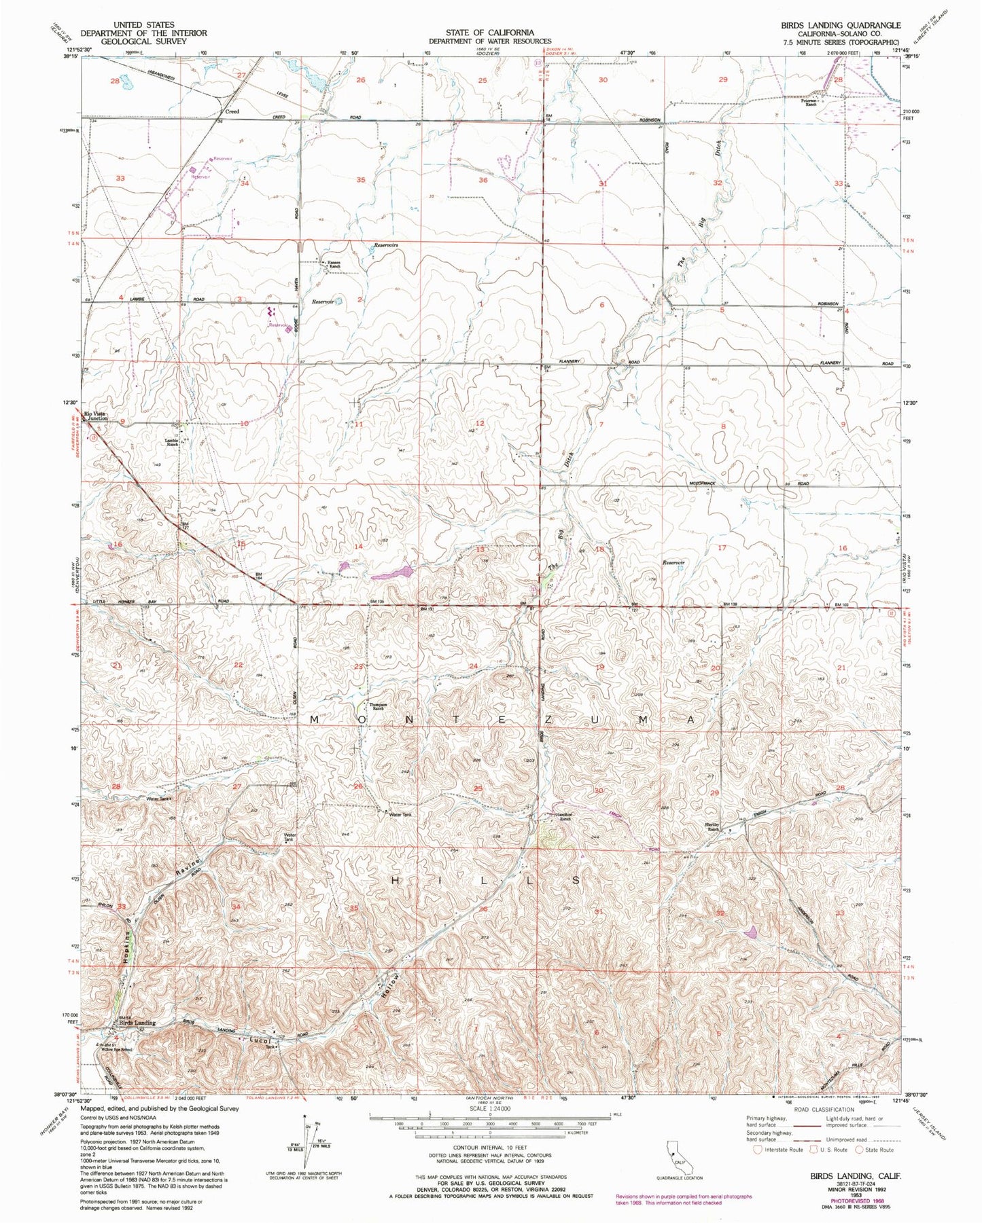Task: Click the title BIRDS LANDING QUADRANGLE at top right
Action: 840,25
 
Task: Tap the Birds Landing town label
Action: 137,1022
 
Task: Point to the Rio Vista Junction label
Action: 95,416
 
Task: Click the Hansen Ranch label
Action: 334,265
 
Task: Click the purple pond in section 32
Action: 751,932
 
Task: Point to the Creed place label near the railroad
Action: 232,111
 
